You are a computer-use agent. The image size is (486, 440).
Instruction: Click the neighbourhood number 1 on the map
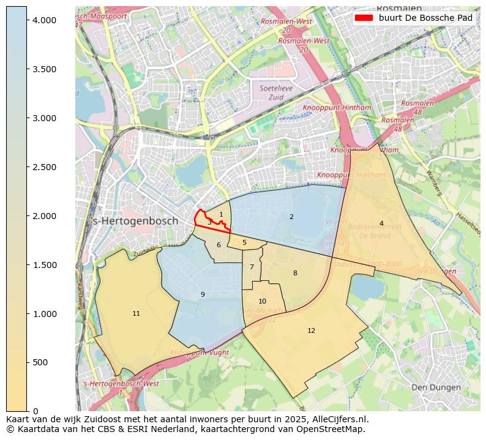coord(221,214)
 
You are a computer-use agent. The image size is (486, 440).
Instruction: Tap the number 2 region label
coord(291,217)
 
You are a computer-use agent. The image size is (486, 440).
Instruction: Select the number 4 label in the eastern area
coord(381,223)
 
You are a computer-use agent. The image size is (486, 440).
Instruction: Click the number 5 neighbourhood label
coord(244,242)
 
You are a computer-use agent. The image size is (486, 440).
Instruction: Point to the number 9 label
coord(203,294)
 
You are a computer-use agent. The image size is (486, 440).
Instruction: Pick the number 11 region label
coord(136,313)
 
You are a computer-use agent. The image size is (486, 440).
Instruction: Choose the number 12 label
coord(311,330)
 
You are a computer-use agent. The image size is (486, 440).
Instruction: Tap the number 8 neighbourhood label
coord(295,273)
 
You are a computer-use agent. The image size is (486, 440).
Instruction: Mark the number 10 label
coord(262,301)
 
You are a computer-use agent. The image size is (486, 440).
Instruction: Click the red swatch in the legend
coord(364,18)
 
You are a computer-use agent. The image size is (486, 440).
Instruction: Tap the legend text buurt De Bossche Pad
coord(425,18)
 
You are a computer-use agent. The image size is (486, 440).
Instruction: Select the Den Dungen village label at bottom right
coord(435,387)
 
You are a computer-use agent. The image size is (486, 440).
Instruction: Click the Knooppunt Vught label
coord(200,353)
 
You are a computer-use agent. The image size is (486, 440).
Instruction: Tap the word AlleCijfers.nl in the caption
coord(340,419)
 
